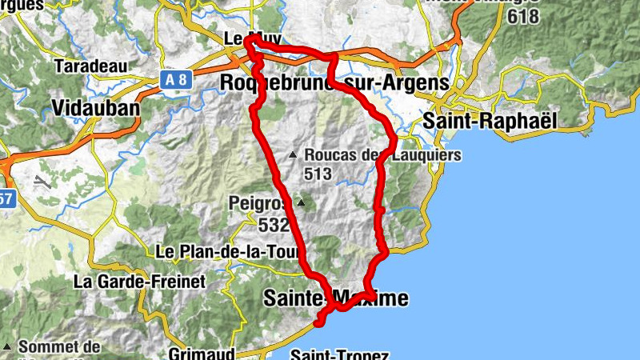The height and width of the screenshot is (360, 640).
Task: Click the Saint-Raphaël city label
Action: coord(489,120)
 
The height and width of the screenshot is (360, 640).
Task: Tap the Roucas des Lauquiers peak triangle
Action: coord(293,155)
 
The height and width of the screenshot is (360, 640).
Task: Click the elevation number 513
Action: coord(317,172)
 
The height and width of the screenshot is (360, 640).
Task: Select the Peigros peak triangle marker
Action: coord(301,202)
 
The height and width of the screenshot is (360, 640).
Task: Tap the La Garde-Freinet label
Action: coord(139,281)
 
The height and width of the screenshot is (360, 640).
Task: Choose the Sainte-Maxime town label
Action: coord(335,299)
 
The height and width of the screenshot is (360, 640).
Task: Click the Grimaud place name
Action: coord(202,352)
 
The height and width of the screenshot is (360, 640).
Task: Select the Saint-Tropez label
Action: coord(339,354)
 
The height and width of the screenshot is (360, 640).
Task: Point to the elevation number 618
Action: coord(522,15)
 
